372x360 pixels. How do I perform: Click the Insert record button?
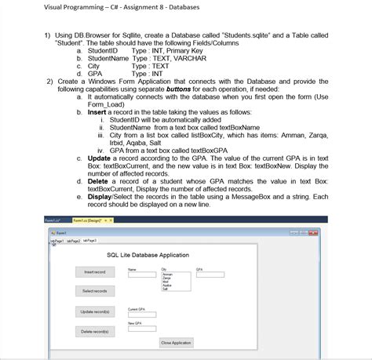(94, 271)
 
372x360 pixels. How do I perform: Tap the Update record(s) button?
(94, 312)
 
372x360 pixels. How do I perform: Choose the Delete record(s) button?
(94, 332)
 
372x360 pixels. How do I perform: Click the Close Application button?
(176, 343)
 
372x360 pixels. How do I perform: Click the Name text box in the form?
(141, 275)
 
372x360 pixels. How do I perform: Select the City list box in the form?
(174, 282)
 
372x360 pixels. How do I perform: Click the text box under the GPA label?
(210, 275)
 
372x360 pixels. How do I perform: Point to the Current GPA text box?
(141, 315)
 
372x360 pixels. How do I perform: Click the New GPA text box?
(141, 329)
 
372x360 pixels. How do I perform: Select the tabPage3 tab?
(89, 241)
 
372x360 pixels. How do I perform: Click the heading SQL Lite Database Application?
(147, 255)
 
